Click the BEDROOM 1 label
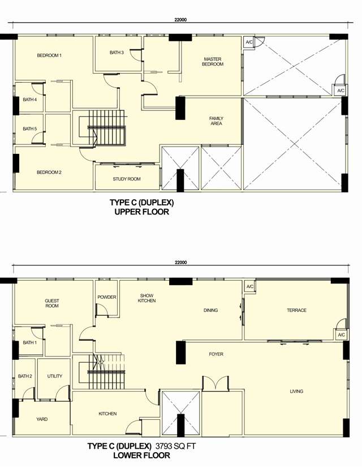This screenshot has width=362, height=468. (49, 55)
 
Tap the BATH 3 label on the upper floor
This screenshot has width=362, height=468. (117, 53)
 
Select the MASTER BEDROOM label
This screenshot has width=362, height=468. (213, 62)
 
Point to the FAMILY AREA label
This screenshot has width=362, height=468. (217, 121)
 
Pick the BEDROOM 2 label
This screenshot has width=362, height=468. (49, 172)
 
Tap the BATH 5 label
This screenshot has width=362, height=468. (30, 128)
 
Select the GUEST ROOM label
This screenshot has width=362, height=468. (52, 303)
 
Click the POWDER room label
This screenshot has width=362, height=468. (107, 297)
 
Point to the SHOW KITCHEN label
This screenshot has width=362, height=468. (147, 298)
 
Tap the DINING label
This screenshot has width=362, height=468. (210, 310)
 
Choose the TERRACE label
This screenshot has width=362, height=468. (296, 310)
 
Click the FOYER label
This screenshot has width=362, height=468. (216, 354)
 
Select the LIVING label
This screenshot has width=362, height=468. (296, 391)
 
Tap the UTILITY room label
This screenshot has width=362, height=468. (55, 376)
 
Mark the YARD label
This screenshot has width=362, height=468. (42, 419)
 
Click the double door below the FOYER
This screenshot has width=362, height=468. (216, 383)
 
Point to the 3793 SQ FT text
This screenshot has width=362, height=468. (175, 446)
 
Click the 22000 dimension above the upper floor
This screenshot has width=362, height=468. (180, 20)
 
